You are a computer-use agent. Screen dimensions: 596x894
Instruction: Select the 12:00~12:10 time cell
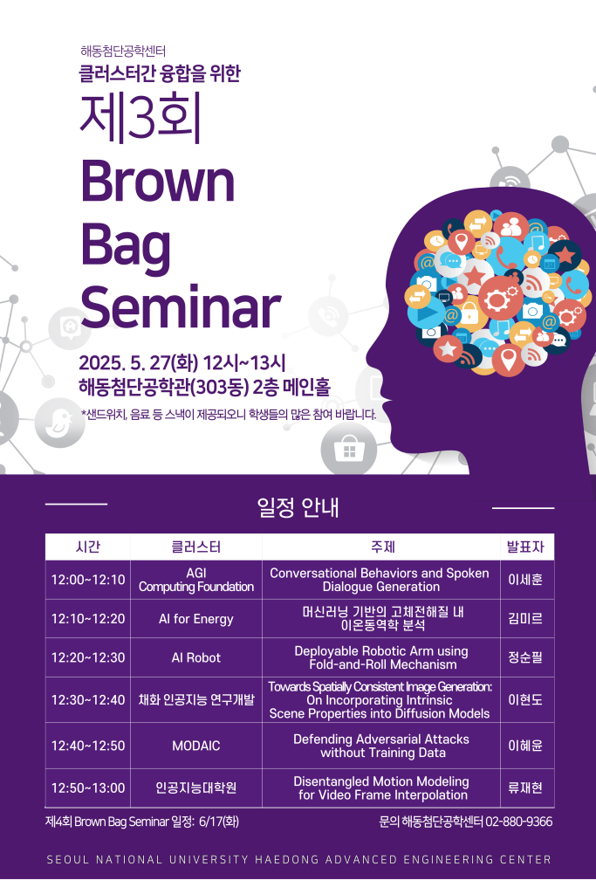(88, 580)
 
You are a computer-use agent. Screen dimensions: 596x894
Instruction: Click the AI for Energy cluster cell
(196, 619)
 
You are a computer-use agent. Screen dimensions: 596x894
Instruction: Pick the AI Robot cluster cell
(196, 657)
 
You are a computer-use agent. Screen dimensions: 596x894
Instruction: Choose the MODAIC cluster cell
(196, 746)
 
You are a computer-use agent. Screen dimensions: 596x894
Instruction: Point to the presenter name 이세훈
(525, 580)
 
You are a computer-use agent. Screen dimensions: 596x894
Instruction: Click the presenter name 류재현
(525, 788)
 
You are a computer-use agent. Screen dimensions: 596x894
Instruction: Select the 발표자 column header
(525, 547)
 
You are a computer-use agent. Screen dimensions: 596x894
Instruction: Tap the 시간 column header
(88, 547)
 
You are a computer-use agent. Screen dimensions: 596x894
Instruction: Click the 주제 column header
(381, 547)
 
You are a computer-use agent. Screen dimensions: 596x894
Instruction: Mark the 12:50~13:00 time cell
(88, 788)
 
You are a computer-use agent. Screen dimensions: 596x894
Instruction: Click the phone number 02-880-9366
(518, 822)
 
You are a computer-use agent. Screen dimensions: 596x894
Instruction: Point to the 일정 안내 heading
(298, 507)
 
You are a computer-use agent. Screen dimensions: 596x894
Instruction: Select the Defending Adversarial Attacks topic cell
(381, 746)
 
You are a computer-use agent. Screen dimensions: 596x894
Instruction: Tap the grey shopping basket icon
(349, 450)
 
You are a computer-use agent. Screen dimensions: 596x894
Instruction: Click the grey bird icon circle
(60, 423)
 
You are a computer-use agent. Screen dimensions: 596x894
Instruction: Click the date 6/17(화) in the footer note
(219, 822)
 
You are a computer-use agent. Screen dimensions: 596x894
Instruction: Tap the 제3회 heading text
(140, 118)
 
